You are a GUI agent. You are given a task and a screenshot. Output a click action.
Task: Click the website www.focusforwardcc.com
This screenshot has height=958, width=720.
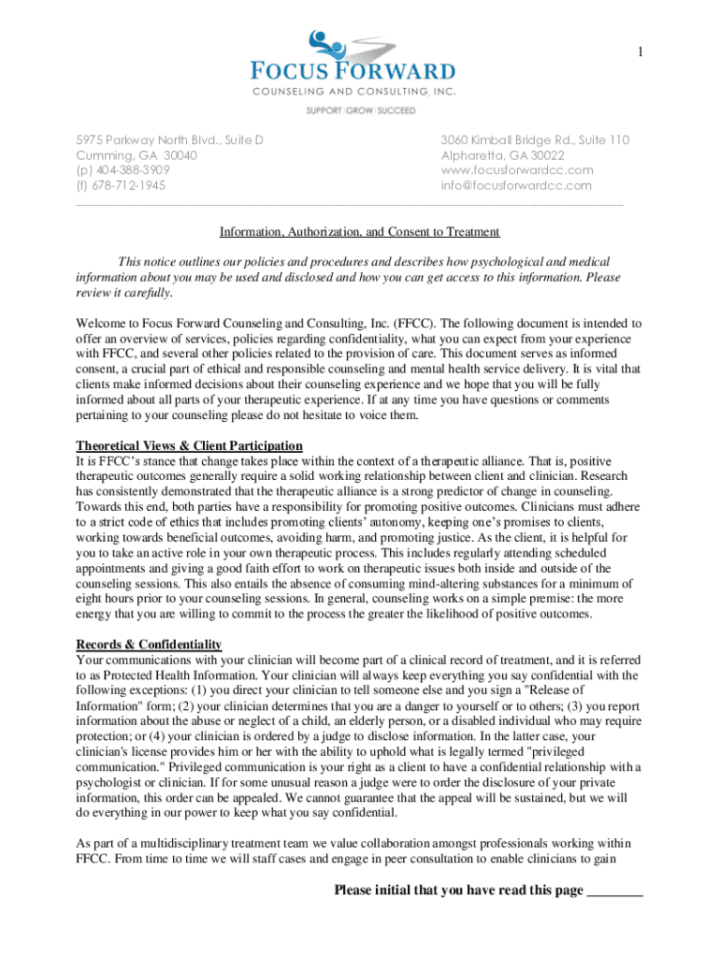pyautogui.click(x=517, y=170)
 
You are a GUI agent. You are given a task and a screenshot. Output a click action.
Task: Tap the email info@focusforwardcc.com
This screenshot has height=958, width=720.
pyautogui.click(x=516, y=185)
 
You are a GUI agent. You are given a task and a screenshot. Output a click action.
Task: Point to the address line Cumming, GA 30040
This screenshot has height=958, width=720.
pyautogui.click(x=137, y=155)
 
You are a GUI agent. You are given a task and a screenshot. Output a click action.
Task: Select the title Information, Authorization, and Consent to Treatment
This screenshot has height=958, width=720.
pyautogui.click(x=360, y=232)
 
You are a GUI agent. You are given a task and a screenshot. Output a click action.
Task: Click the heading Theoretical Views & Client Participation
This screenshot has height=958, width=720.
pyautogui.click(x=189, y=445)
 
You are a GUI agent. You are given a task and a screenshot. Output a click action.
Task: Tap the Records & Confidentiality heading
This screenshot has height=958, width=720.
pyautogui.click(x=149, y=645)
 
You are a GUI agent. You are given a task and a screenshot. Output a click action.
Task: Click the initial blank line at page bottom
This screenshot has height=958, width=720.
pyautogui.click(x=614, y=892)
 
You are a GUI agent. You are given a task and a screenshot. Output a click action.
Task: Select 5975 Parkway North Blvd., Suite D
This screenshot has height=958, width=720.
pyautogui.click(x=169, y=140)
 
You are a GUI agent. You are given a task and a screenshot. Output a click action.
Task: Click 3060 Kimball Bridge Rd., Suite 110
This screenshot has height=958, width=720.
pyautogui.click(x=535, y=140)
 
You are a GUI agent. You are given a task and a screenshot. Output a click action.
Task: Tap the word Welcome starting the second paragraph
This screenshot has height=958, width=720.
pyautogui.click(x=101, y=324)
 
